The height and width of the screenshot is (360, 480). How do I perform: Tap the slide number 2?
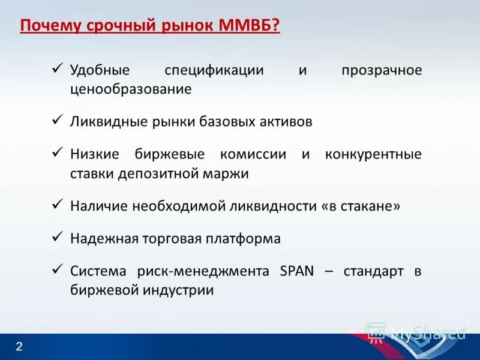[x=19, y=347]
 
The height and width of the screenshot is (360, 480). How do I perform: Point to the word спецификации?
[x=215, y=70]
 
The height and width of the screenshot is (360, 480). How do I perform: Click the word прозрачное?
[x=382, y=70]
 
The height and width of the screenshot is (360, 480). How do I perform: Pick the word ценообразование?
[x=131, y=89]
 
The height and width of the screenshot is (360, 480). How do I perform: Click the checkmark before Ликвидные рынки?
[x=58, y=120]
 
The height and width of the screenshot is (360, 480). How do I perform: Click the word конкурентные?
[x=373, y=154]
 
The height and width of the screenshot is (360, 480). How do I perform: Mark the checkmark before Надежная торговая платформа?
[x=58, y=236]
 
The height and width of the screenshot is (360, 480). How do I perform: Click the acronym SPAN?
[x=297, y=271]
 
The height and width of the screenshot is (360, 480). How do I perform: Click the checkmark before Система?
[x=58, y=269]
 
